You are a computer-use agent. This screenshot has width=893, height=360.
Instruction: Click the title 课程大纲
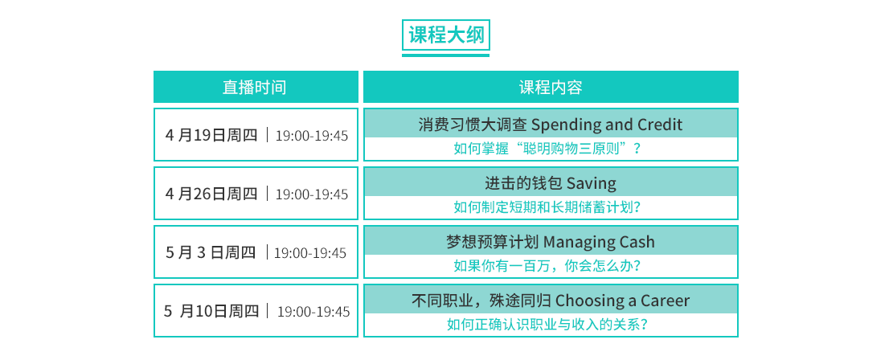(x=446, y=35)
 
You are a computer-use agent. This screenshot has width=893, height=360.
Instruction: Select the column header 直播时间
(x=255, y=87)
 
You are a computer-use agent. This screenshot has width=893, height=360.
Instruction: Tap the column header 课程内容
(x=550, y=87)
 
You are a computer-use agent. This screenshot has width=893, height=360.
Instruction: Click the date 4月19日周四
(x=211, y=136)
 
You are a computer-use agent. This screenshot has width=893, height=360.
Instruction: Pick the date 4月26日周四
(x=211, y=194)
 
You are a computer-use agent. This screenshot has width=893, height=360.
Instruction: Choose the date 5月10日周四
(x=211, y=312)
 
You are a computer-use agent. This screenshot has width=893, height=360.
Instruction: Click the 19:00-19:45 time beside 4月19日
(x=312, y=136)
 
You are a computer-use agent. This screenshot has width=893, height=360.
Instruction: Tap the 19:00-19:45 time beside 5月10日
(x=313, y=312)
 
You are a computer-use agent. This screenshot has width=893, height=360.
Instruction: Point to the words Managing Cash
(x=599, y=242)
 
